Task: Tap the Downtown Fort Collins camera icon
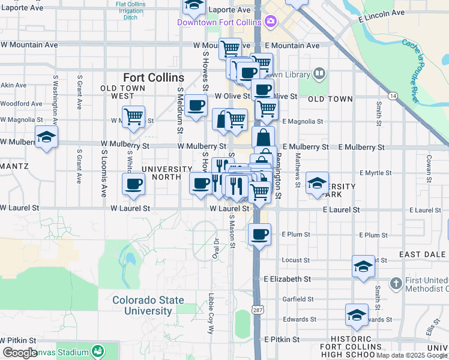pos(271,22)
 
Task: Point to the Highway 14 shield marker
pos(393,95)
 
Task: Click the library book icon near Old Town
pos(319,74)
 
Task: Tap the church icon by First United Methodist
pos(396,283)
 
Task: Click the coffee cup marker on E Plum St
pos(259,233)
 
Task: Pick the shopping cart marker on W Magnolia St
pos(133,115)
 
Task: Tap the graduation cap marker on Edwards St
pos(357,314)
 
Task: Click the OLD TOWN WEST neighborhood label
pos(125,92)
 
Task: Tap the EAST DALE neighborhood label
pos(423,254)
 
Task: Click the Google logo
pos(20,353)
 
